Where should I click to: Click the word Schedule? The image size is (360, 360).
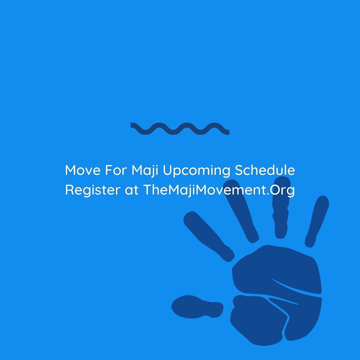coord(265,171)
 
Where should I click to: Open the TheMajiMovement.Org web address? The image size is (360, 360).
coord(219,190)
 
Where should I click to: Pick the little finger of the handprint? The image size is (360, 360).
coord(317,220)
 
